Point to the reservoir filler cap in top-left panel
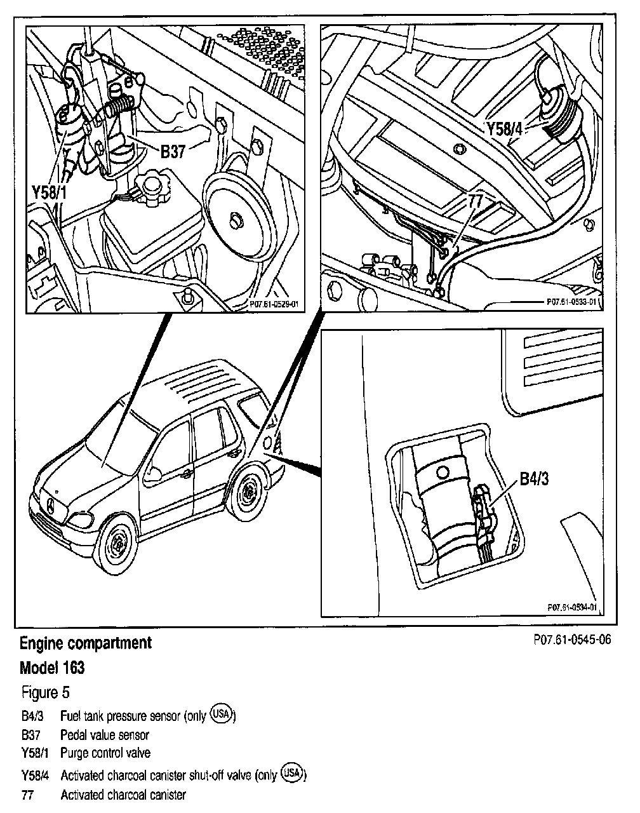click(x=152, y=184)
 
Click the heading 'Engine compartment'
click(x=86, y=643)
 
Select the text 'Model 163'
click(x=52, y=668)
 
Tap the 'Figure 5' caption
click(x=46, y=692)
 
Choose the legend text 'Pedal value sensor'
click(x=105, y=735)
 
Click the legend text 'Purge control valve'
click(x=105, y=753)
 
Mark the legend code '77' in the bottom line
click(x=27, y=795)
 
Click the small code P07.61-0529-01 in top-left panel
click(x=274, y=305)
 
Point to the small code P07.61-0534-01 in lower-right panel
click(x=571, y=607)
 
